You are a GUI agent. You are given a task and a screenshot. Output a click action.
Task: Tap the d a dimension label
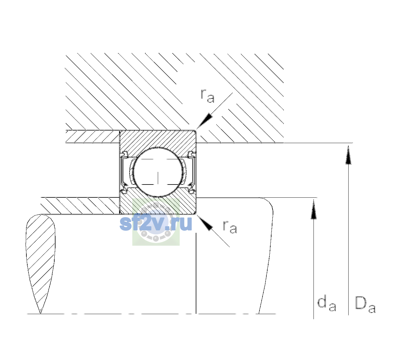(x=327, y=303)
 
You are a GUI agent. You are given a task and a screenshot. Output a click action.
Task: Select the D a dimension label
(x=365, y=304)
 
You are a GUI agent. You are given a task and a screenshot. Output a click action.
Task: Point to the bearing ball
(x=158, y=172)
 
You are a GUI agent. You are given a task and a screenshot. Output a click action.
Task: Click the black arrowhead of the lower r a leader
(x=205, y=223)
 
